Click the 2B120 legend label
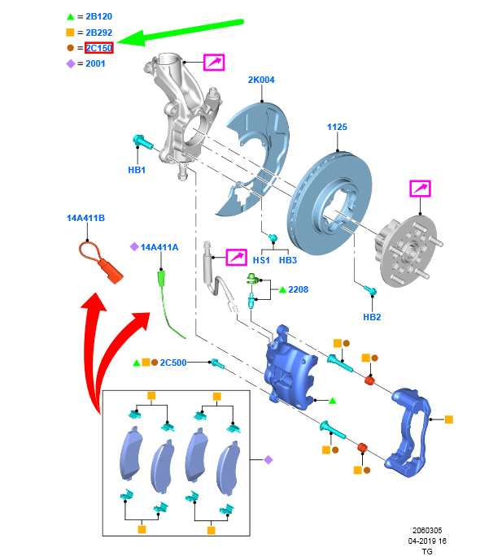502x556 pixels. click(98, 16)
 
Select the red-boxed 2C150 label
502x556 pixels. click(99, 48)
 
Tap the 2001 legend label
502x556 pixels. click(95, 63)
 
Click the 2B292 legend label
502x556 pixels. click(98, 33)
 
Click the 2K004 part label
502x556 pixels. click(261, 80)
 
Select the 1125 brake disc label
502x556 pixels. click(337, 128)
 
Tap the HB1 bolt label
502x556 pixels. click(137, 171)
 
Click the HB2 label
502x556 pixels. click(372, 317)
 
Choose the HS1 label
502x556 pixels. click(261, 261)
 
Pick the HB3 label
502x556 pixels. click(288, 261)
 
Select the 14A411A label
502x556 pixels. click(159, 246)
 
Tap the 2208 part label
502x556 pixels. click(298, 289)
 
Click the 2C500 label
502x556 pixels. click(173, 362)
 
